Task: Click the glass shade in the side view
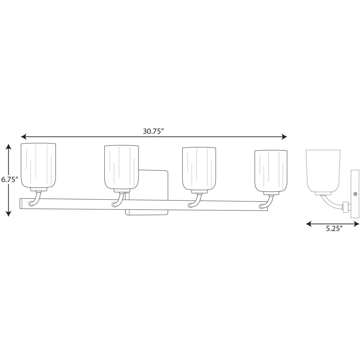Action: pos(323,171)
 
